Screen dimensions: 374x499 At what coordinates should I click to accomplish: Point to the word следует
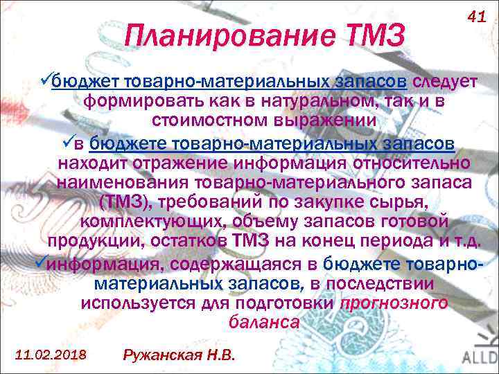[x=444, y=82]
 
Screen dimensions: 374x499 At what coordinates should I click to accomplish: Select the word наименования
[x=132, y=184]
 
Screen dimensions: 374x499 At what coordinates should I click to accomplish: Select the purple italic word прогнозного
[x=393, y=303]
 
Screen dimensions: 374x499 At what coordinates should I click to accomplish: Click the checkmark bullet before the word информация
[x=42, y=264]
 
